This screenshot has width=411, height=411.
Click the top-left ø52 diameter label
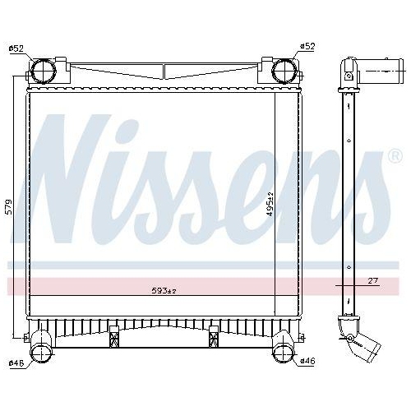(16, 49)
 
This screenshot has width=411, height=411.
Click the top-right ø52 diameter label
(307, 47)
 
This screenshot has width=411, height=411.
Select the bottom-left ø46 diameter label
(16, 363)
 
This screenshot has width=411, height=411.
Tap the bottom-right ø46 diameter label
(307, 361)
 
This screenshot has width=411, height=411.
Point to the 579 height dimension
(9, 207)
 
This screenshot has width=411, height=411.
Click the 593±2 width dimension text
(164, 291)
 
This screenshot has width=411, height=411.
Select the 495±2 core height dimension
(270, 204)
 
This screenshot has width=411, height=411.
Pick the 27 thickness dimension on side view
(373, 280)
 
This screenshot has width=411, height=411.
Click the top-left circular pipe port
(44, 71)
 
